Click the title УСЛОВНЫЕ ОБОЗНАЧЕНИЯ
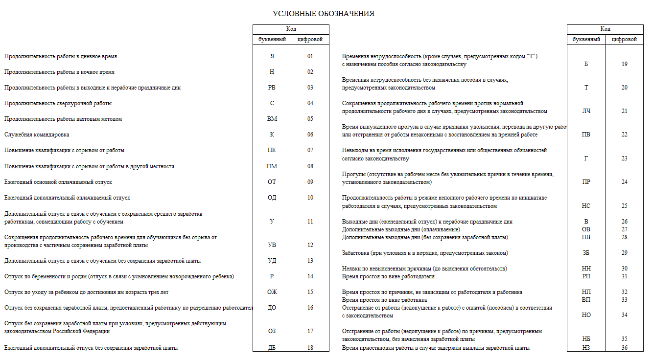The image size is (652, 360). click(x=323, y=14)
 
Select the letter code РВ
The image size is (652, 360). click(x=272, y=88)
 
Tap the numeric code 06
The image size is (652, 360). click(x=310, y=135)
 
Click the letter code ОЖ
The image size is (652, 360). click(x=272, y=292)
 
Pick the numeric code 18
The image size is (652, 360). click(x=310, y=348)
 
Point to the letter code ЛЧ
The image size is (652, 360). click(x=586, y=111)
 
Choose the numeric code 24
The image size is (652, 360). click(x=624, y=182)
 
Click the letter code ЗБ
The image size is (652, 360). click(x=586, y=253)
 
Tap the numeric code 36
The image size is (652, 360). click(x=624, y=348)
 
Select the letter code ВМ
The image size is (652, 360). click(x=272, y=119)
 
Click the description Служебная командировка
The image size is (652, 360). click(x=37, y=135)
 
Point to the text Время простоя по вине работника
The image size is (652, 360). click(x=384, y=300)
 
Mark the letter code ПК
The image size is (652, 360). click(x=272, y=150)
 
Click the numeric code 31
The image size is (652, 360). click(x=624, y=276)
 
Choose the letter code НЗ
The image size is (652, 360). click(x=586, y=348)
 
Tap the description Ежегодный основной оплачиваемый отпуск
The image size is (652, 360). click(x=58, y=182)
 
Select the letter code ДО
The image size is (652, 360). click(x=272, y=308)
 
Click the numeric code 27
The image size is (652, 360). click(x=624, y=229)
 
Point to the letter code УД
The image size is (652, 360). click(x=272, y=261)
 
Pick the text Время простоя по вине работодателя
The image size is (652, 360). click(x=388, y=276)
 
